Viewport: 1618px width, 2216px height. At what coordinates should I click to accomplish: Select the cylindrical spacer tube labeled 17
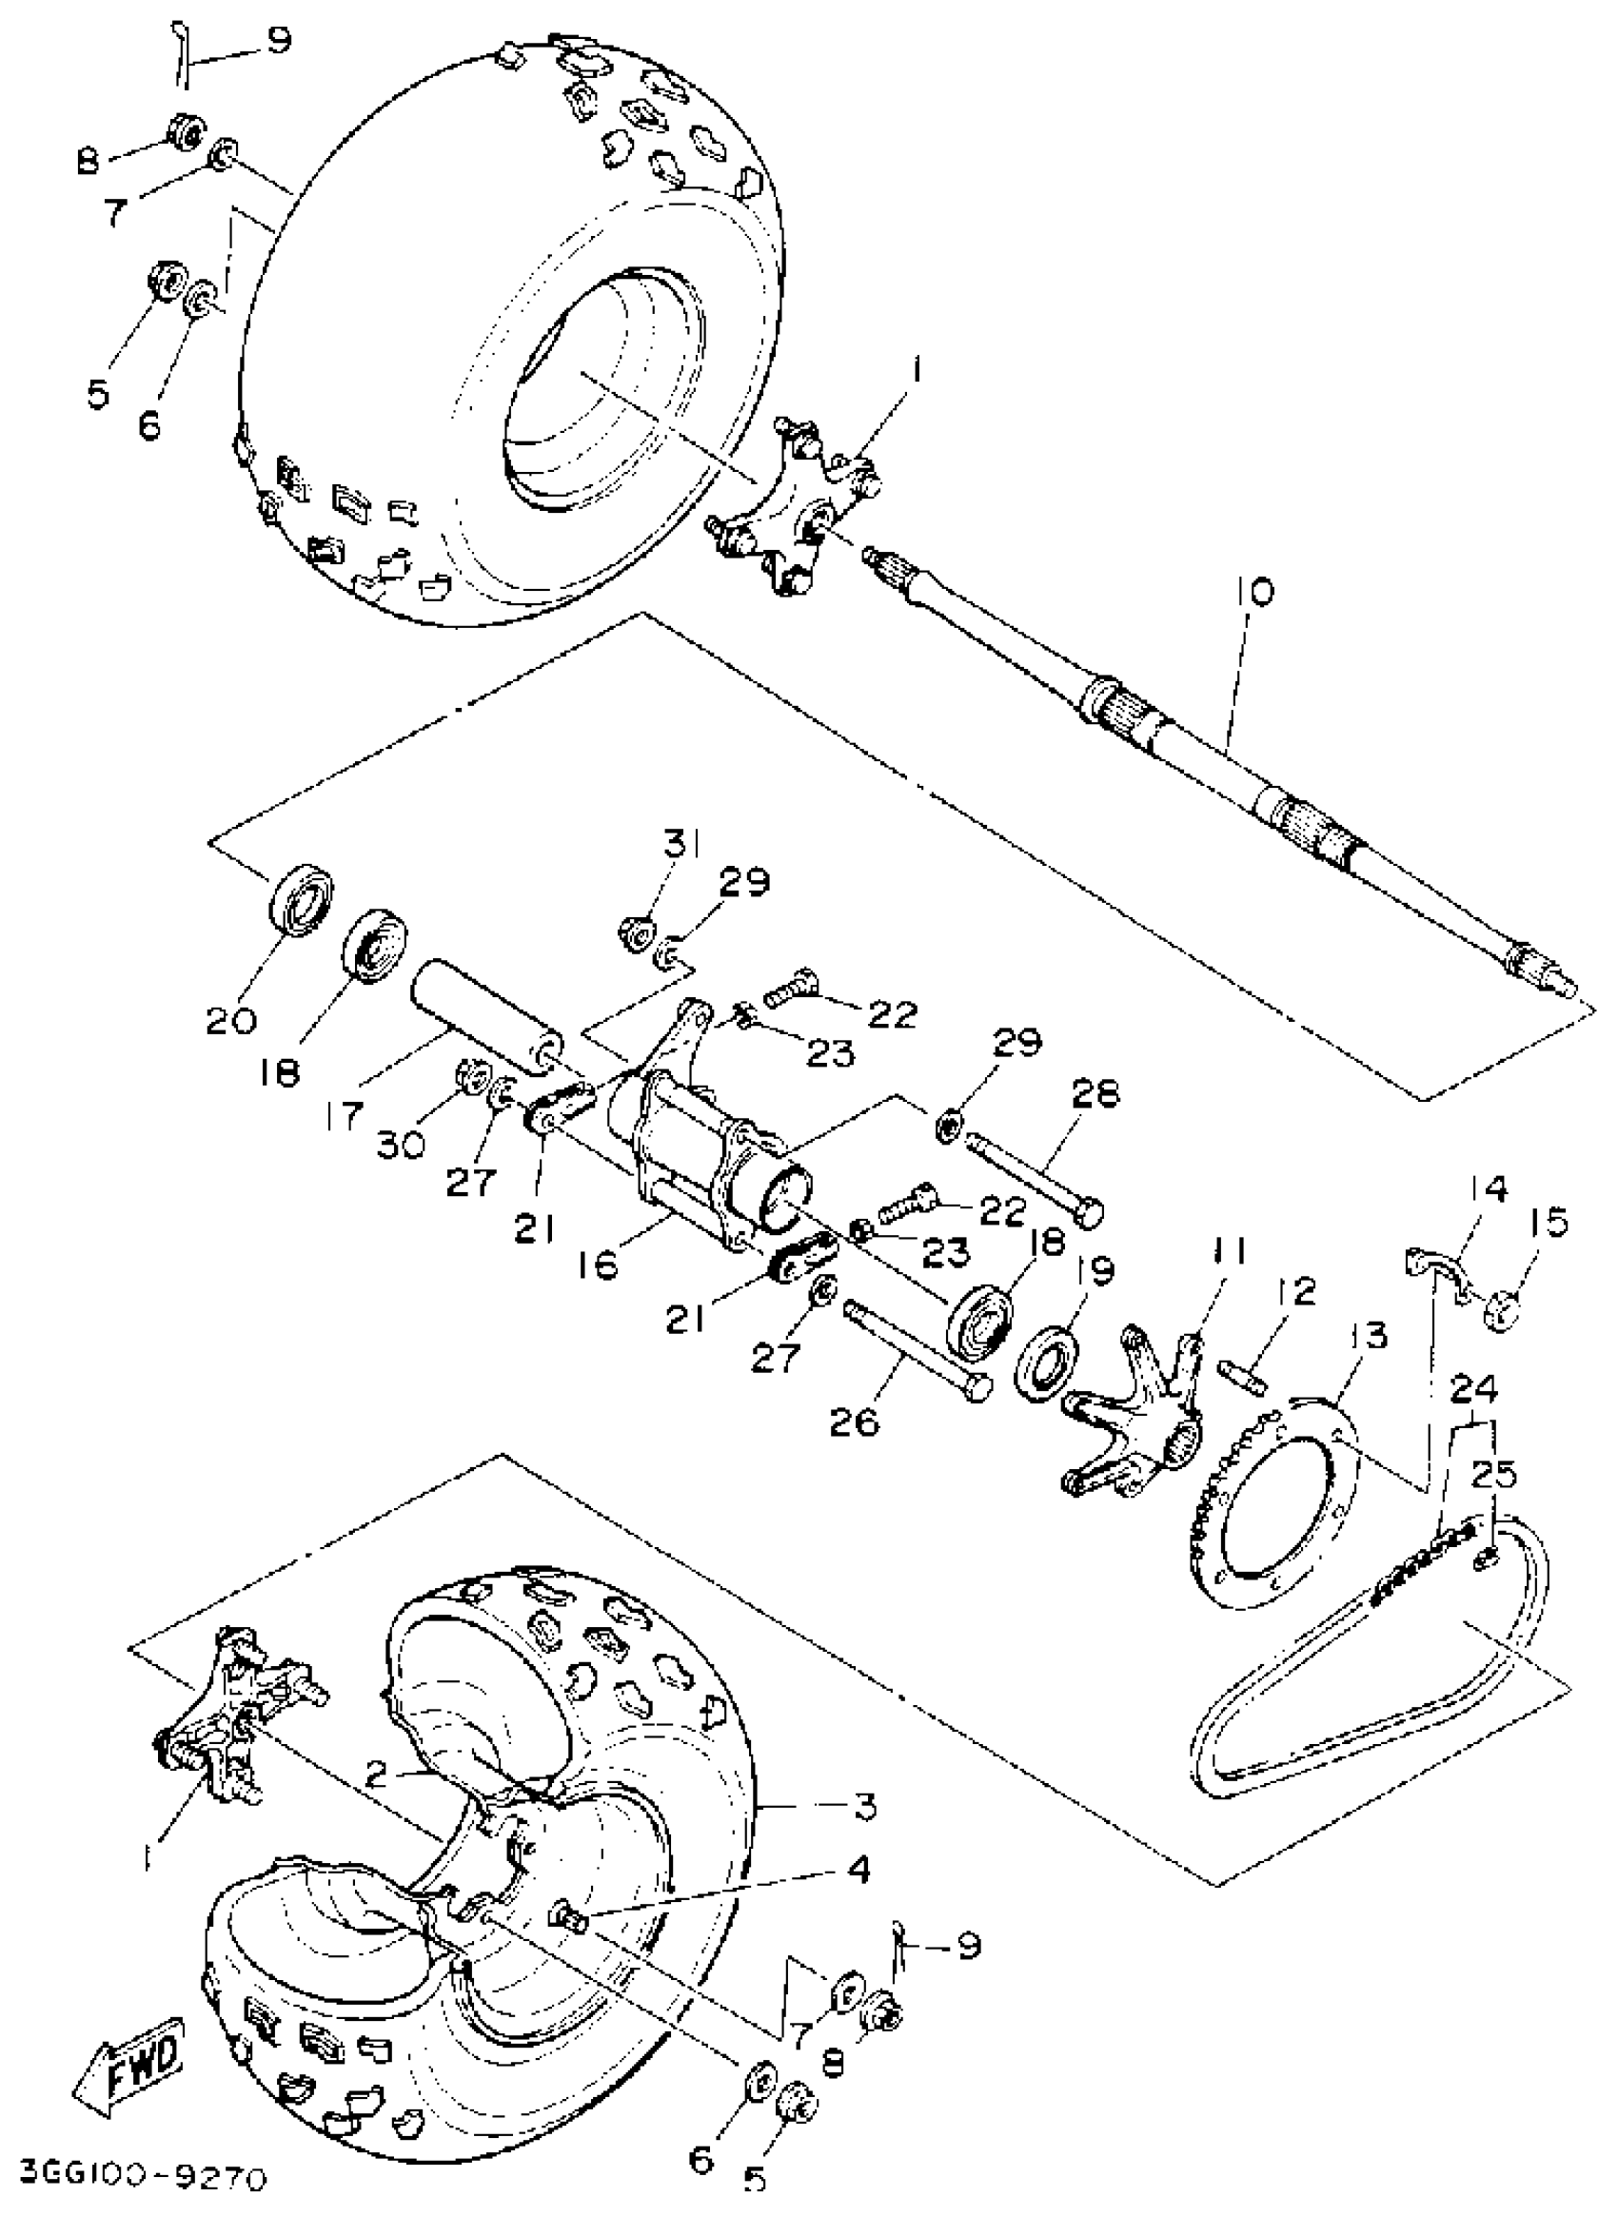click(486, 1018)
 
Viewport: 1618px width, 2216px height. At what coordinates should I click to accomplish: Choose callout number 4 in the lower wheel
click(858, 1871)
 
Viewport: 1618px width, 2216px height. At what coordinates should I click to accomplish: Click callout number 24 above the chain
click(1473, 1388)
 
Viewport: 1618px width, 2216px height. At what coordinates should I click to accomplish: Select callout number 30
click(401, 1141)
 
